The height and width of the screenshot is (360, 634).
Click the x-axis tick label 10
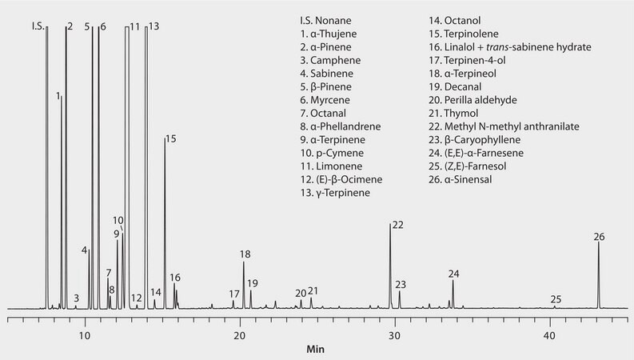point(84,335)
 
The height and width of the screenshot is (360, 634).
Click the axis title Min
point(317,350)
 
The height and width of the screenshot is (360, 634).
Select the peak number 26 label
point(600,236)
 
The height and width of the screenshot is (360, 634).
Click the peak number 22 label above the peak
point(397,224)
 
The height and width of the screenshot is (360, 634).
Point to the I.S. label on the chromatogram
point(38,26)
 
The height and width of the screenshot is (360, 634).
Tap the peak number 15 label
point(170,139)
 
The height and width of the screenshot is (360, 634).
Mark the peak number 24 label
point(454,274)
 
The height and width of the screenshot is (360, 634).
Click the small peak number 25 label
point(556,299)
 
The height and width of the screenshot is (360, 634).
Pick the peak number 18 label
point(245,254)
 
